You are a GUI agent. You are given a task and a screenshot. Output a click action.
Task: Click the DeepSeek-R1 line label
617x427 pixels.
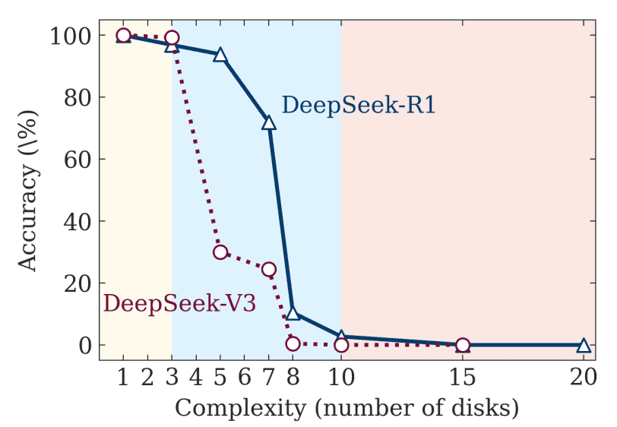coord(359,105)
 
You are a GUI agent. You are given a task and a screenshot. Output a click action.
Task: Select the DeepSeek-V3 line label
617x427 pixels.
coord(179,303)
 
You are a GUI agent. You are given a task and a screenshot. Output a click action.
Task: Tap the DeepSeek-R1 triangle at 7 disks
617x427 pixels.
coord(268,122)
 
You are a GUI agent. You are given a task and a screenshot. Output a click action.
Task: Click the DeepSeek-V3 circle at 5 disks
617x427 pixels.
coord(220,252)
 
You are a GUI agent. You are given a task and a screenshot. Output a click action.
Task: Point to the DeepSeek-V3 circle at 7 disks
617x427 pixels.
coord(268,269)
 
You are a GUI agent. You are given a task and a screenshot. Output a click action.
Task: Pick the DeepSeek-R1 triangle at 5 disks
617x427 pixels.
coord(220,55)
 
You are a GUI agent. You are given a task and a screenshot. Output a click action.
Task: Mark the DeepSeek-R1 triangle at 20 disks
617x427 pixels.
coord(584,345)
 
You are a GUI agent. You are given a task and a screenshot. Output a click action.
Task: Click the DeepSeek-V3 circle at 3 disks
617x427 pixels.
coord(172,38)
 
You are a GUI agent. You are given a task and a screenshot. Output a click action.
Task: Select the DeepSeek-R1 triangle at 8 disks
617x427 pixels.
coord(293,313)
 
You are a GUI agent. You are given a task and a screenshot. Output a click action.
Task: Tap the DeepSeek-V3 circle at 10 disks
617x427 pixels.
coord(341,345)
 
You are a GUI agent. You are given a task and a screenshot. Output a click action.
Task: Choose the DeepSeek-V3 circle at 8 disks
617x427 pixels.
coord(293,343)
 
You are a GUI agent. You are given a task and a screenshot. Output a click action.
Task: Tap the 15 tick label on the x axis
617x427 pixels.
coord(462,376)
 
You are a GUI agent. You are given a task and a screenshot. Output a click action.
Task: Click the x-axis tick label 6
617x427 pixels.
coord(245,376)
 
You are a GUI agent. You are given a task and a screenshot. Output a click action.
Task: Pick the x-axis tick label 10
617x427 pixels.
coord(341,376)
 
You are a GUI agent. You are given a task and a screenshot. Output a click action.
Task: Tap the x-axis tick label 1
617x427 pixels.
coord(123,376)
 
